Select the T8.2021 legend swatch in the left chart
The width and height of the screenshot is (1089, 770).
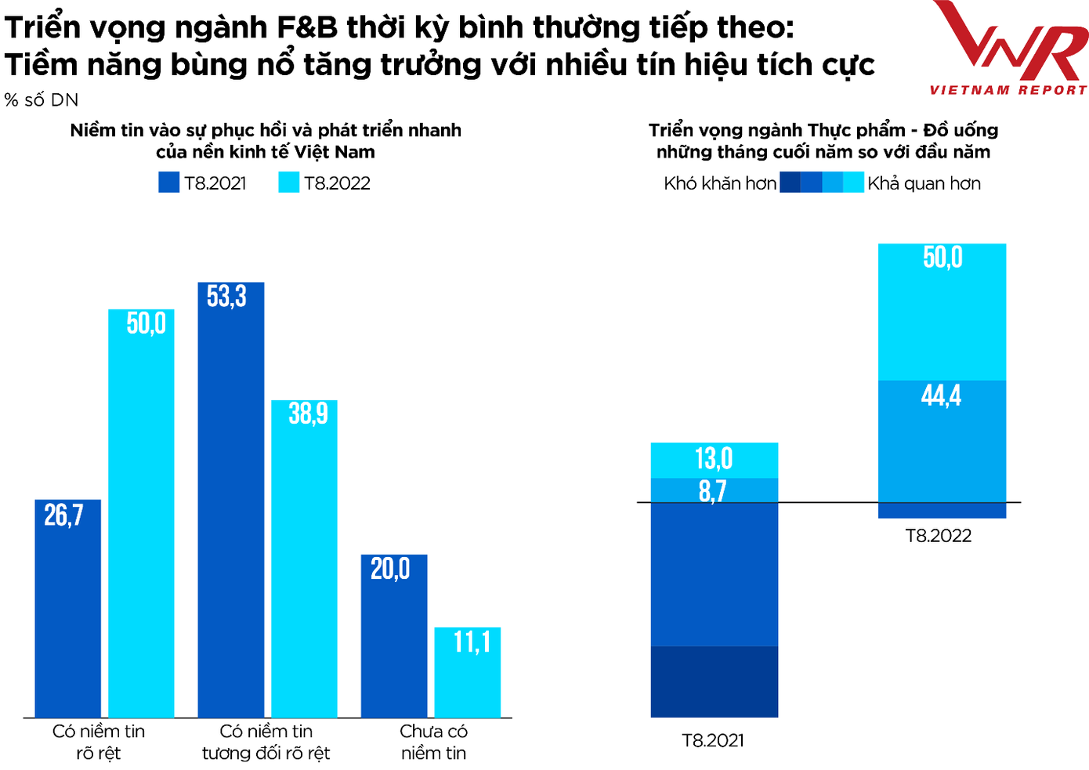click(x=168, y=183)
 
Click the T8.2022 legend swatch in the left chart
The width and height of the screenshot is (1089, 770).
click(x=289, y=183)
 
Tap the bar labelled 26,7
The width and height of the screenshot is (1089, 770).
click(x=67, y=611)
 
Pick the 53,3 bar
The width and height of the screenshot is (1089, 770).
click(x=231, y=501)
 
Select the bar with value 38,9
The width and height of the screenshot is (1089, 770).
click(x=305, y=560)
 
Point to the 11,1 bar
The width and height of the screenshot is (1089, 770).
click(x=468, y=674)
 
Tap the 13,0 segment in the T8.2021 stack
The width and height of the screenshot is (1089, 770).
click(x=715, y=460)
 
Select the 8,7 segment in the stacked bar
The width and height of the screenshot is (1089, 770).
click(x=715, y=490)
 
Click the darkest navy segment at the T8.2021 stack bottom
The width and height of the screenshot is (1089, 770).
click(x=715, y=681)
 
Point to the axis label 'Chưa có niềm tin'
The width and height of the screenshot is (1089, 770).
click(x=433, y=742)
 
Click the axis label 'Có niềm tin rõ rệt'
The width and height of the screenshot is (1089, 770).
click(x=99, y=742)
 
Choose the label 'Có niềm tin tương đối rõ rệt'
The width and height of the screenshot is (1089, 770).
click(x=266, y=742)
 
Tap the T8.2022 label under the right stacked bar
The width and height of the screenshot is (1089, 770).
click(x=938, y=536)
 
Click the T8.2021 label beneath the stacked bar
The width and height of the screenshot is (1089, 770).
click(x=713, y=740)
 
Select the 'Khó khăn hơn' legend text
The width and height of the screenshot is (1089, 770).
click(x=719, y=183)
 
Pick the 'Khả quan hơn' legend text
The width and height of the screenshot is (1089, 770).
click(x=924, y=183)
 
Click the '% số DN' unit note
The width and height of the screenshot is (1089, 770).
click(x=42, y=100)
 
